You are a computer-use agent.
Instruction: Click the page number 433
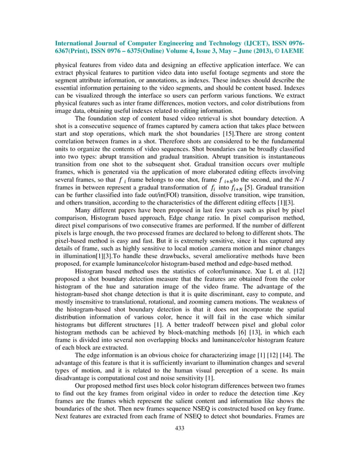point(180,444)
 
